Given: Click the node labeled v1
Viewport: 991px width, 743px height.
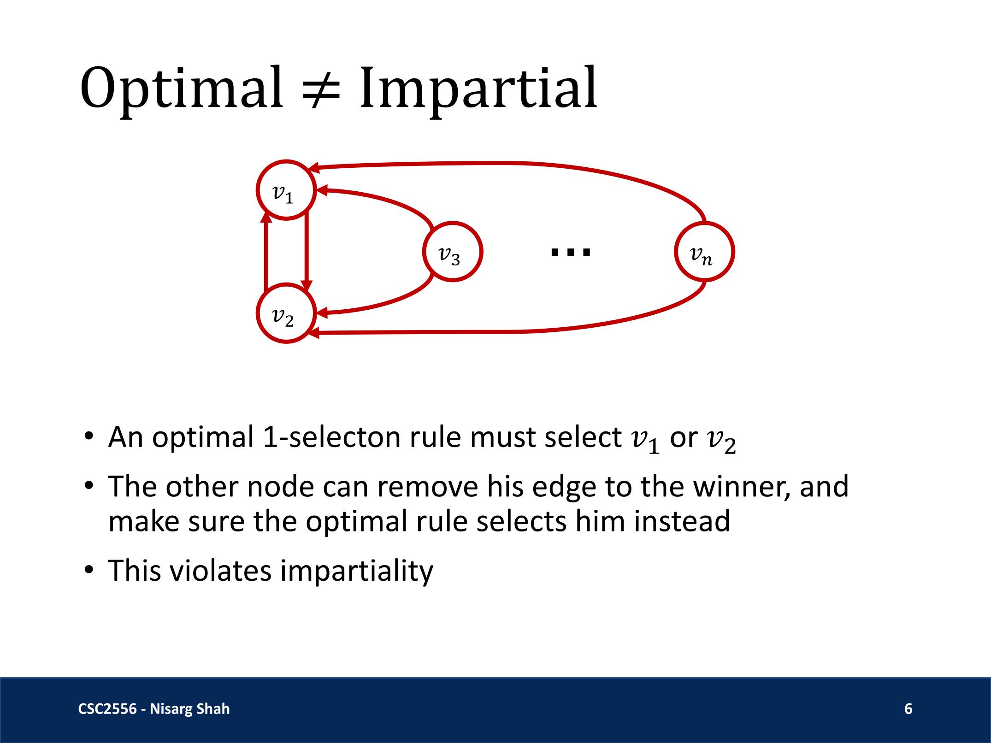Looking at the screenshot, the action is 286,190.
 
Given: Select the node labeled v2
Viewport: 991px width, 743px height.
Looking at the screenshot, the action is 286,313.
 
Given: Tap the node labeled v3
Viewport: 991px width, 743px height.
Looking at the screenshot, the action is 453,252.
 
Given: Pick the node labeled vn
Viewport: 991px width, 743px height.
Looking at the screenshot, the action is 704,252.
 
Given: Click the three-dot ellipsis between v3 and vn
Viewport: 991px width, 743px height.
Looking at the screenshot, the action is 571,252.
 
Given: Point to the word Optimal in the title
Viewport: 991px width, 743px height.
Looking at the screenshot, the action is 182,88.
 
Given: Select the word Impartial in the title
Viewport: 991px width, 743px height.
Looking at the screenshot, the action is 478,88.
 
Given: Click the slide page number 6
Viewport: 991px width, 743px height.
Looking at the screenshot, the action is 908,708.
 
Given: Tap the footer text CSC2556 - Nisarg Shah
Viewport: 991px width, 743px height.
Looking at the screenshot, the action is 154,709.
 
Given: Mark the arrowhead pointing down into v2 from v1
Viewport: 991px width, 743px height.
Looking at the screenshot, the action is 307,286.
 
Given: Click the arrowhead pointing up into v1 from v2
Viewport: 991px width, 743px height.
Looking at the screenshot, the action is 266,216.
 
